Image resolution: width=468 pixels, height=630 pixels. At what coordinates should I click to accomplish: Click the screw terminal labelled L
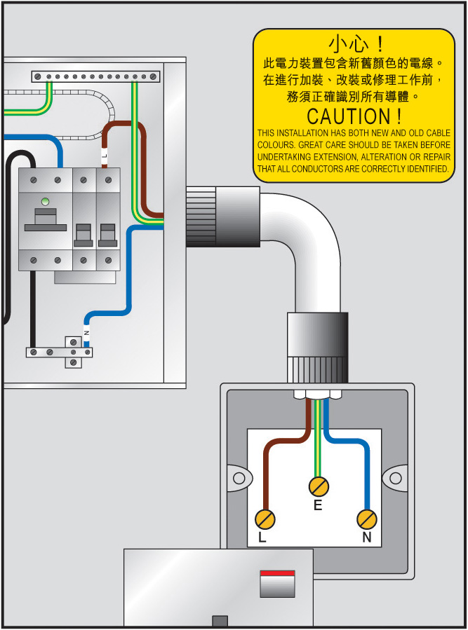pyautogui.click(x=265, y=519)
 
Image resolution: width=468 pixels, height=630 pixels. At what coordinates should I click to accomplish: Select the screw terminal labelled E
pyautogui.click(x=319, y=486)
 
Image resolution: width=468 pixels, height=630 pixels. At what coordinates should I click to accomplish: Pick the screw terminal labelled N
pyautogui.click(x=367, y=519)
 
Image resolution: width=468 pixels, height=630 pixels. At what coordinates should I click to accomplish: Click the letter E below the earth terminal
pyautogui.click(x=318, y=505)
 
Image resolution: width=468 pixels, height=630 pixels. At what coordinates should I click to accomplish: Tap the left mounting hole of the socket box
pyautogui.click(x=239, y=478)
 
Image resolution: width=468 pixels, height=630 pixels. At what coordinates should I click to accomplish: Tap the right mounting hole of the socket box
pyautogui.click(x=396, y=478)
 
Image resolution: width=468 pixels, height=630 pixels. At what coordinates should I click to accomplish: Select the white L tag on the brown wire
pyautogui.click(x=105, y=155)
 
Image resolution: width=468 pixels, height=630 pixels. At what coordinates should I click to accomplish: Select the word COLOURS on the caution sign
pyautogui.click(x=274, y=145)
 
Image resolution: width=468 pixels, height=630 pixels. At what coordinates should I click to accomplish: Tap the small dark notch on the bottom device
pyautogui.click(x=220, y=620)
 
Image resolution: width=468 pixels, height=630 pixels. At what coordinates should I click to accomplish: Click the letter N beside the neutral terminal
pyautogui.click(x=366, y=538)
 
